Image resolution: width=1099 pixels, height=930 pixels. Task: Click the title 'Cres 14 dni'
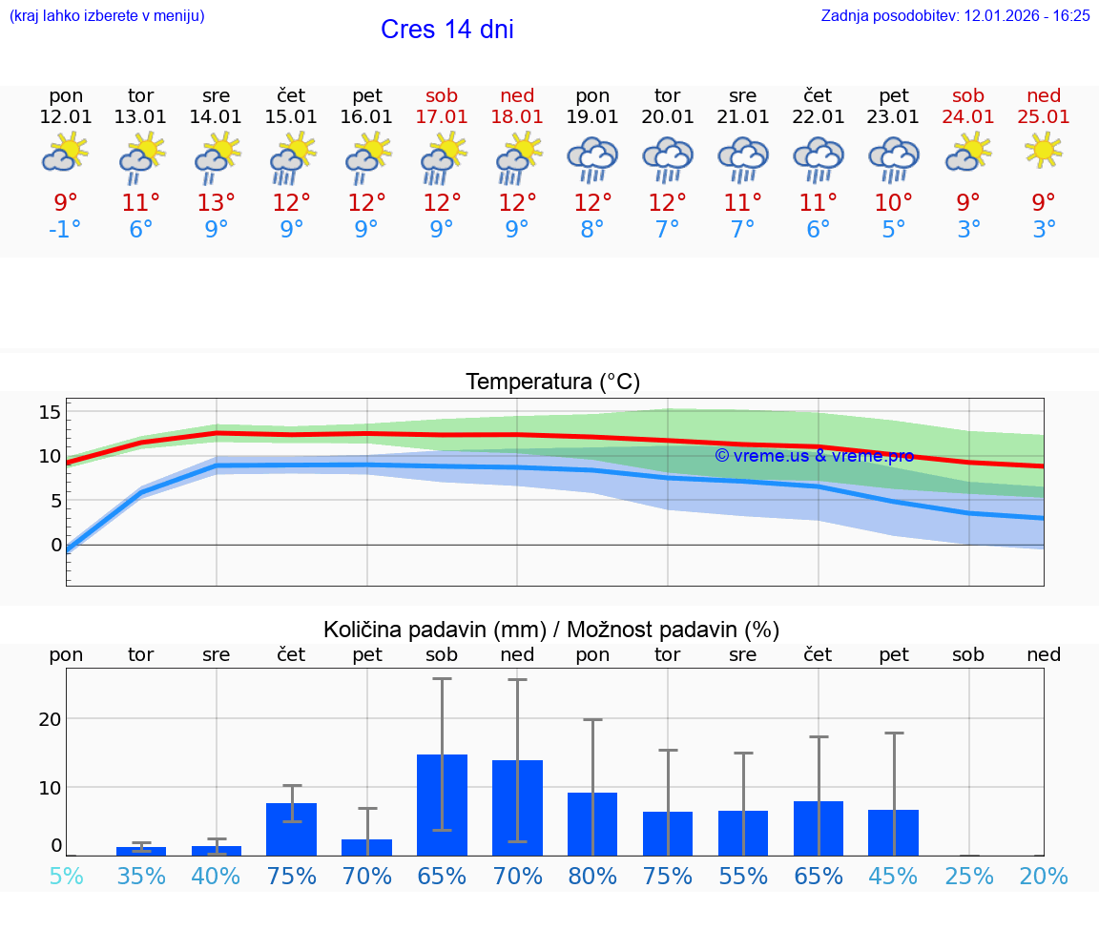pyautogui.click(x=446, y=30)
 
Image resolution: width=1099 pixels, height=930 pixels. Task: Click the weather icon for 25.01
pyautogui.click(x=1044, y=151)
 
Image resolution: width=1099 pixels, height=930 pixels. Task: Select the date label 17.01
pyautogui.click(x=442, y=117)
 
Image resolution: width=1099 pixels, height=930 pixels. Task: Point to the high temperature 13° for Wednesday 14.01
pyautogui.click(x=217, y=202)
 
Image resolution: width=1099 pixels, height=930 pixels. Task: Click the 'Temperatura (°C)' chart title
pyautogui.click(x=552, y=382)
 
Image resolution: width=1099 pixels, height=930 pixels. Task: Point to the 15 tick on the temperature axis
pyautogui.click(x=51, y=412)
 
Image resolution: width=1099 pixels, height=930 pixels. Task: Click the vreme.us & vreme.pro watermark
pyautogui.click(x=814, y=456)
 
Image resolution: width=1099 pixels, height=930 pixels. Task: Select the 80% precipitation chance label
pyautogui.click(x=592, y=876)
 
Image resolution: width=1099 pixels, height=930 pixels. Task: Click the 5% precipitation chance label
pyautogui.click(x=66, y=876)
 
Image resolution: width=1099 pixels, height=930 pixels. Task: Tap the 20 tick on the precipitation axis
pyautogui.click(x=50, y=718)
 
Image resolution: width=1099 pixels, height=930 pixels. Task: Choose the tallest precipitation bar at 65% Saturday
pyautogui.click(x=442, y=805)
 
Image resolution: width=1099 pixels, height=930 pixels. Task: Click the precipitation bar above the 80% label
pyautogui.click(x=592, y=824)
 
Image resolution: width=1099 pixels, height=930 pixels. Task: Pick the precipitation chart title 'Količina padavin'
pyautogui.click(x=551, y=630)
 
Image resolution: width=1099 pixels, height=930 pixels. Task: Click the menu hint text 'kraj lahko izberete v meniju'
pyautogui.click(x=106, y=16)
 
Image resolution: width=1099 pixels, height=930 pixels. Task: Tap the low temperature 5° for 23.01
pyautogui.click(x=894, y=230)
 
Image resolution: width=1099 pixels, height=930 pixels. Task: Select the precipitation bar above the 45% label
pyautogui.click(x=894, y=833)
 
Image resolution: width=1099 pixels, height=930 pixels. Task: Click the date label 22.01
pyautogui.click(x=819, y=117)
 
